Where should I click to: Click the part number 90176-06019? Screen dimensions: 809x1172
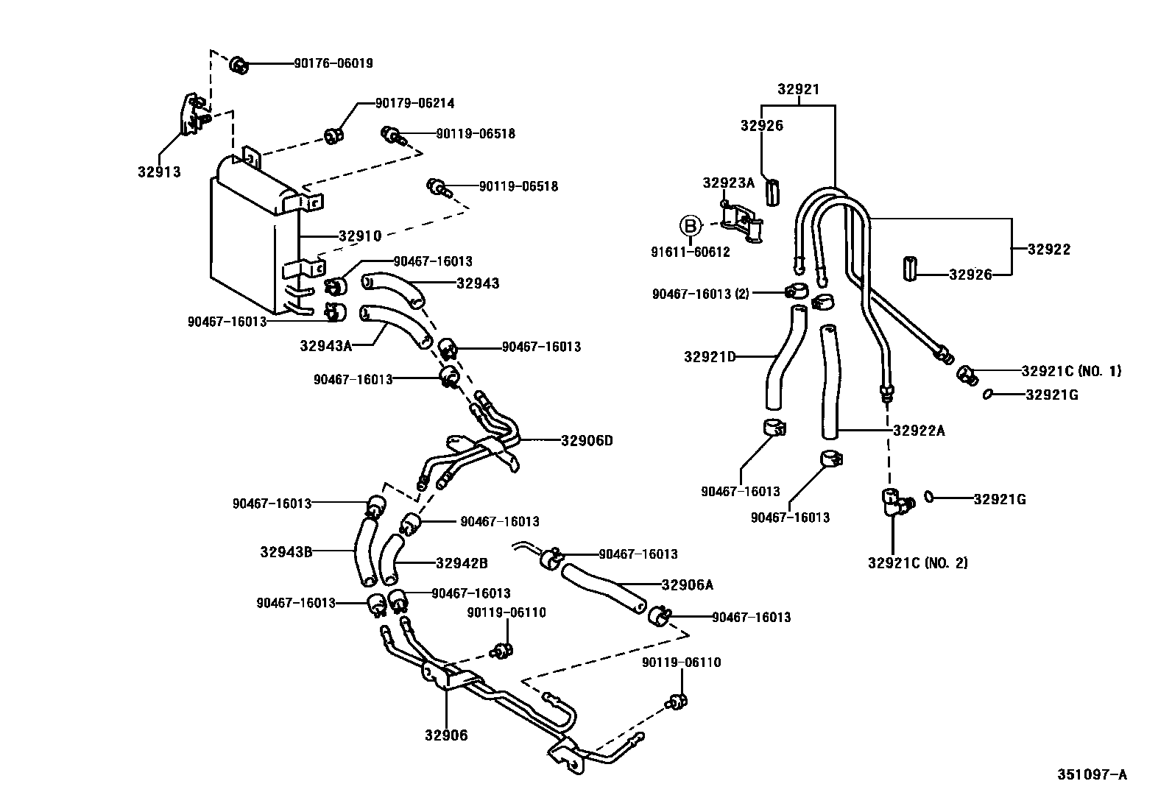[333, 63]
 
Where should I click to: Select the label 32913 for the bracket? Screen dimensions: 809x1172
[158, 172]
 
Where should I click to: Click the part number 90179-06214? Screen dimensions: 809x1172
[414, 104]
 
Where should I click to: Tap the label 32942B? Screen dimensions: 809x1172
[461, 564]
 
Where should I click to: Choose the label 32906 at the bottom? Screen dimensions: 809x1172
[445, 735]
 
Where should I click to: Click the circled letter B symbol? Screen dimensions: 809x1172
[691, 225]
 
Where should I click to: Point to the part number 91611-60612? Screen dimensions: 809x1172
[690, 252]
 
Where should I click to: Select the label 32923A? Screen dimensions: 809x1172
[728, 183]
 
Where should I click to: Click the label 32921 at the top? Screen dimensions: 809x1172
[798, 90]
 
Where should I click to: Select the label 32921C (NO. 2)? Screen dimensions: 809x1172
[917, 563]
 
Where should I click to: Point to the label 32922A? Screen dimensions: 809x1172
[918, 431]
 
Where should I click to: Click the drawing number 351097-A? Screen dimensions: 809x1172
[1092, 774]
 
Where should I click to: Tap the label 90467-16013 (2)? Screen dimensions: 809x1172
[700, 294]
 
